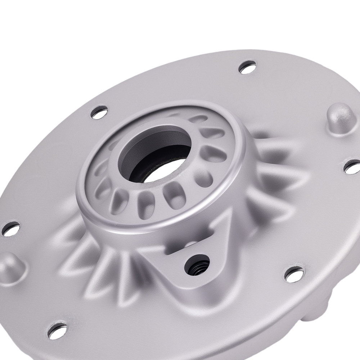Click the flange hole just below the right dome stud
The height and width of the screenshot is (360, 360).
tap(353, 166)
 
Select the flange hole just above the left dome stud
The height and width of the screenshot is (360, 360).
tap(10, 227)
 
